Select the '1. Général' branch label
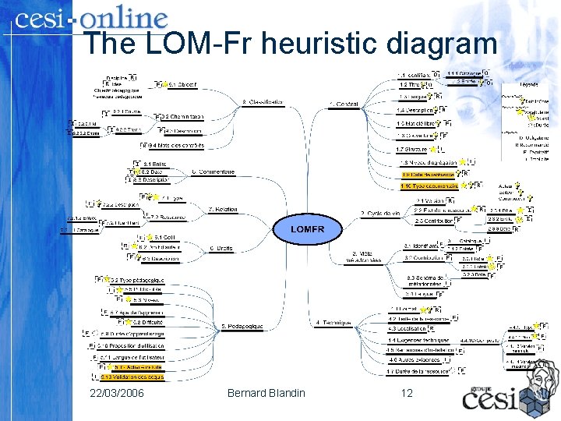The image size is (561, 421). pos(344,104)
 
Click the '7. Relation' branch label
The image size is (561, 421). pos(223,209)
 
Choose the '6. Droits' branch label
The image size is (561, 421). pos(221,248)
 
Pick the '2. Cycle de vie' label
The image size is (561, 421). pos(380,213)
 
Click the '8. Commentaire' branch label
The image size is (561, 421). pos(213,172)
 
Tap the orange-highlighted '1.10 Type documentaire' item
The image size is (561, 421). pos(429,186)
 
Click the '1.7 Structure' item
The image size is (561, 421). pos(411,149)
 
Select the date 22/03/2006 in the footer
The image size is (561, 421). pos(117,392)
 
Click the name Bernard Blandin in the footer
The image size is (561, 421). pos(266,392)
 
